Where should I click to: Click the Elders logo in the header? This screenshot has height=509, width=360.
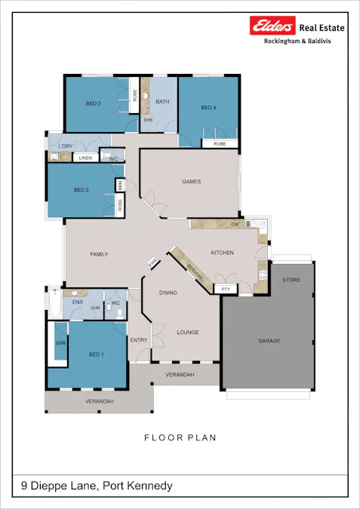(272, 26)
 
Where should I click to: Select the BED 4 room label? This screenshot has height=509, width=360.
(208, 109)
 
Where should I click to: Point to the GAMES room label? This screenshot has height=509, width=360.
(192, 182)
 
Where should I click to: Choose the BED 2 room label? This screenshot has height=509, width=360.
(82, 190)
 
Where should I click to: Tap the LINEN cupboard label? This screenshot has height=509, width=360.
(85, 158)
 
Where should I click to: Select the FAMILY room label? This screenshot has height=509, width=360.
(99, 254)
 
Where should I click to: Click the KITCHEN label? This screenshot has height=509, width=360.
(222, 253)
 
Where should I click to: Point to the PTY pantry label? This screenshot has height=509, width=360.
(225, 289)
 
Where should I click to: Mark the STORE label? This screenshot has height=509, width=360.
(291, 280)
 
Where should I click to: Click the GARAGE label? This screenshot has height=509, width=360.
(269, 341)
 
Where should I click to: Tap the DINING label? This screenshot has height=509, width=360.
(168, 292)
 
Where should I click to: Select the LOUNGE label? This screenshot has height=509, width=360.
(187, 332)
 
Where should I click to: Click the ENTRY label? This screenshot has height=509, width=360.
(139, 340)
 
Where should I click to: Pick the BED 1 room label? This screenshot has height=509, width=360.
(96, 354)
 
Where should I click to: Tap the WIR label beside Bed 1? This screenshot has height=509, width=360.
(60, 343)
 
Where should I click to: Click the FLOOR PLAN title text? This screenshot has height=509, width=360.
(180, 437)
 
